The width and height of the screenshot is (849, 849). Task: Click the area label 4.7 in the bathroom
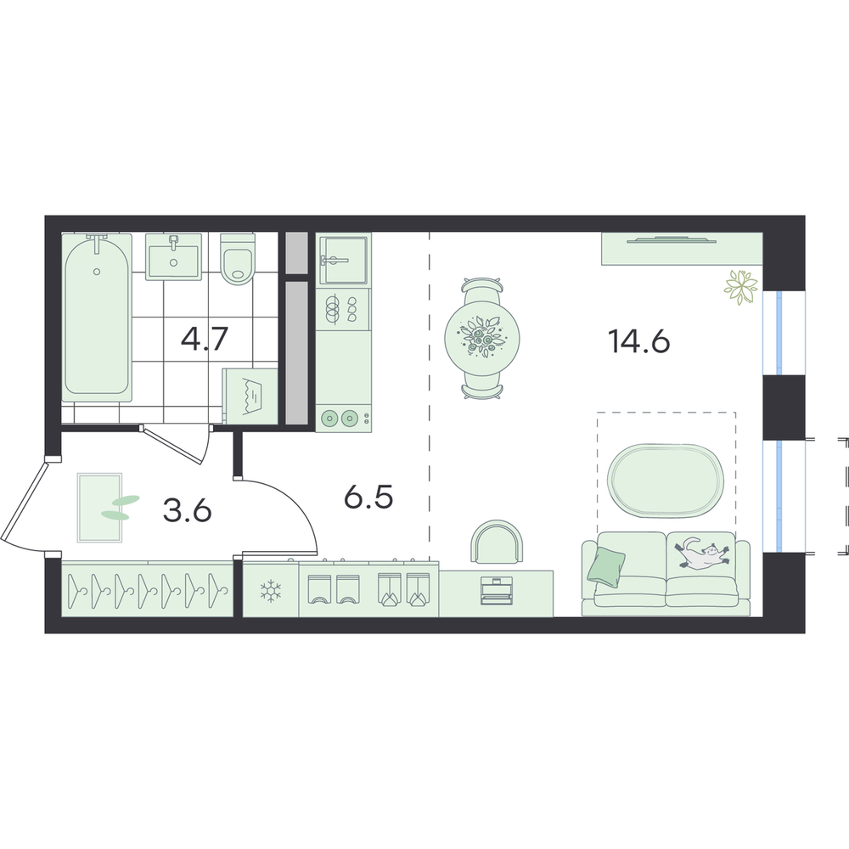coord(205,339)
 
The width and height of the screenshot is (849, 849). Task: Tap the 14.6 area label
coord(639,341)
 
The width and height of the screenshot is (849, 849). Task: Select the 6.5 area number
coord(368,497)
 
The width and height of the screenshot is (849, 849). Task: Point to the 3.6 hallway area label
coord(188,510)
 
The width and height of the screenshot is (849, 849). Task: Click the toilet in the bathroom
coord(238,259)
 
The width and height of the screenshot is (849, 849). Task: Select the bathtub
coord(97,318)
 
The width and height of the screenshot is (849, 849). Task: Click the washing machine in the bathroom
coord(250,396)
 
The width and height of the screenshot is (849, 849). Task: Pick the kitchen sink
coord(343,260)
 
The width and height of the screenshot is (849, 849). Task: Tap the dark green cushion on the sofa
coord(607,565)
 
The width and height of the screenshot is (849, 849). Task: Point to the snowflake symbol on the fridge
coord(268,591)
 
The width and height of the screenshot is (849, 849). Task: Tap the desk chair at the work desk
coord(498,542)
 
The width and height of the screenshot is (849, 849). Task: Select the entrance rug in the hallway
coord(99,508)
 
